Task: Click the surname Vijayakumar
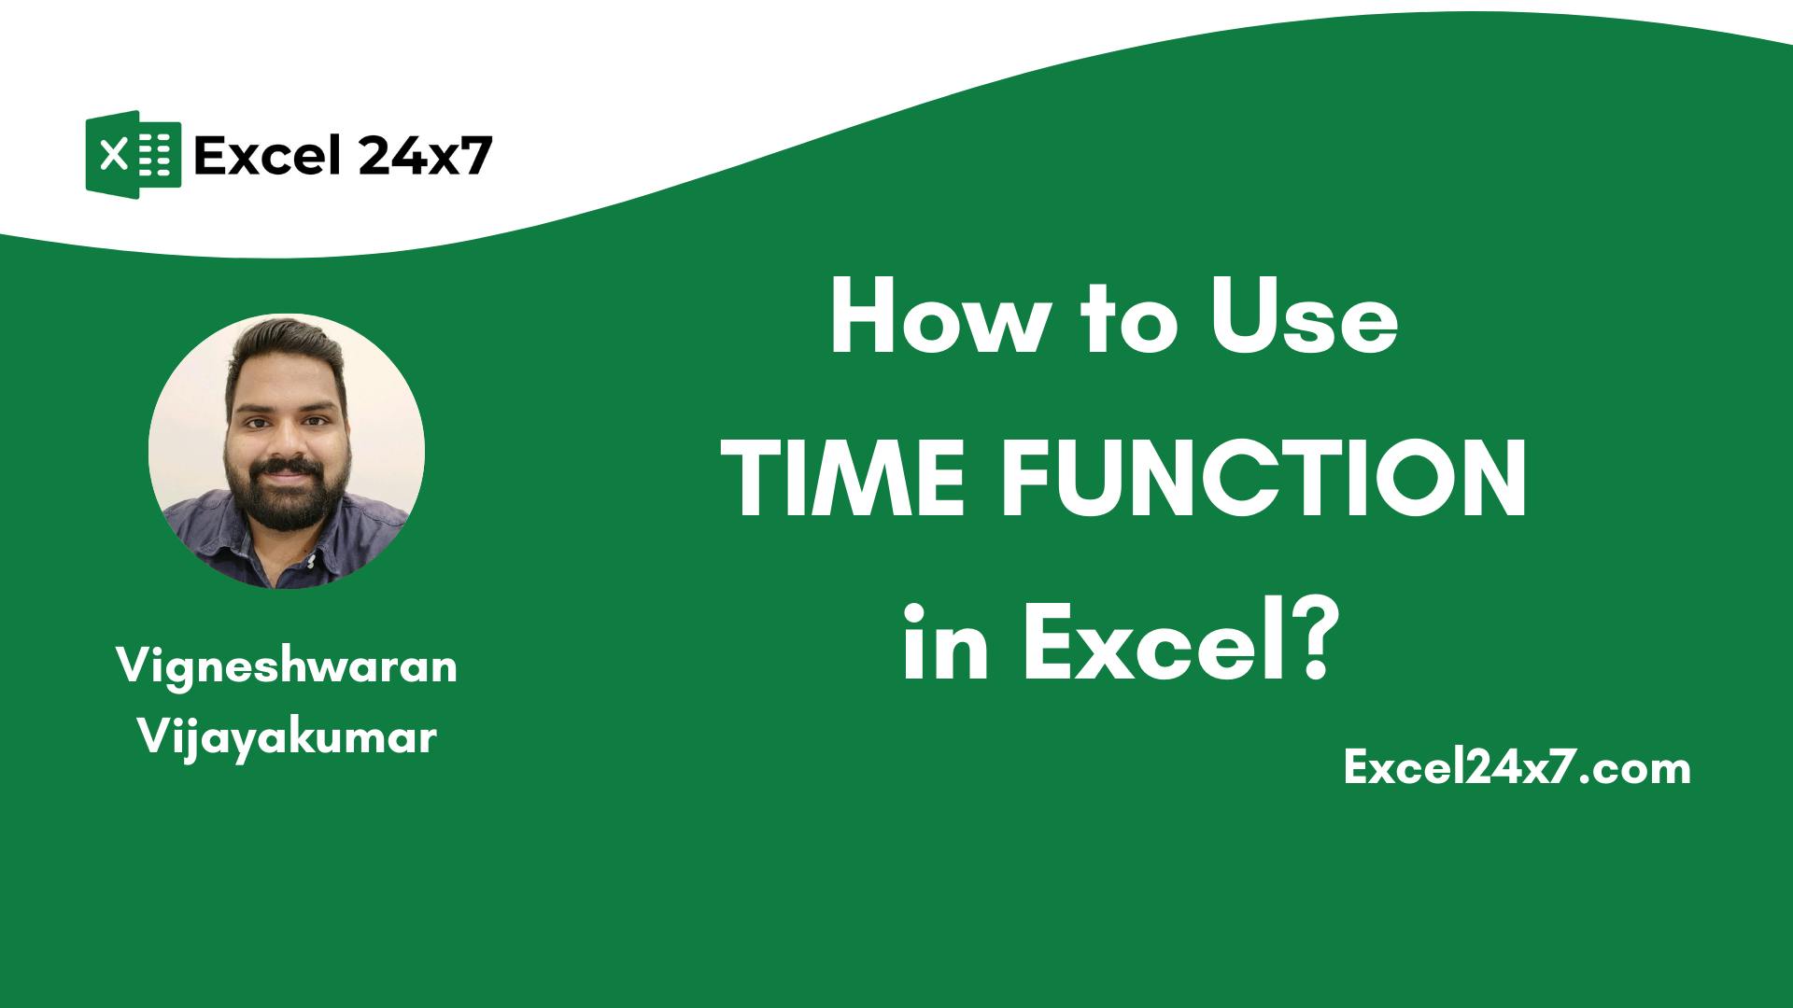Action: pos(287,738)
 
